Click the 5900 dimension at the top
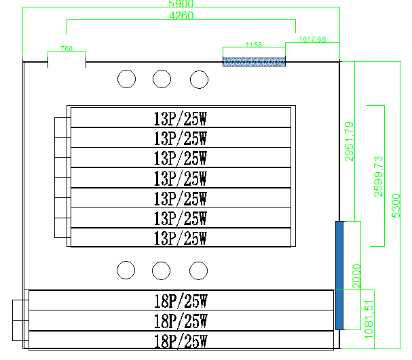181,3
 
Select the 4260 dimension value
181,17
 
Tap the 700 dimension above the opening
67,49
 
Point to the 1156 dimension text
254,45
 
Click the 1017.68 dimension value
312,39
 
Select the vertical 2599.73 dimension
379,176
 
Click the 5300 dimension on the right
397,205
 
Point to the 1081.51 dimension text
369,319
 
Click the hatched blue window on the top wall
255,62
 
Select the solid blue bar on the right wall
340,275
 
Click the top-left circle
127,79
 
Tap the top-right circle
198,79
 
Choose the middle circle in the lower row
162,270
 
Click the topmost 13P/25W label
181,118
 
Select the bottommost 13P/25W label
181,239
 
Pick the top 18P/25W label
181,300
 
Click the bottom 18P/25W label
181,340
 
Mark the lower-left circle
127,270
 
